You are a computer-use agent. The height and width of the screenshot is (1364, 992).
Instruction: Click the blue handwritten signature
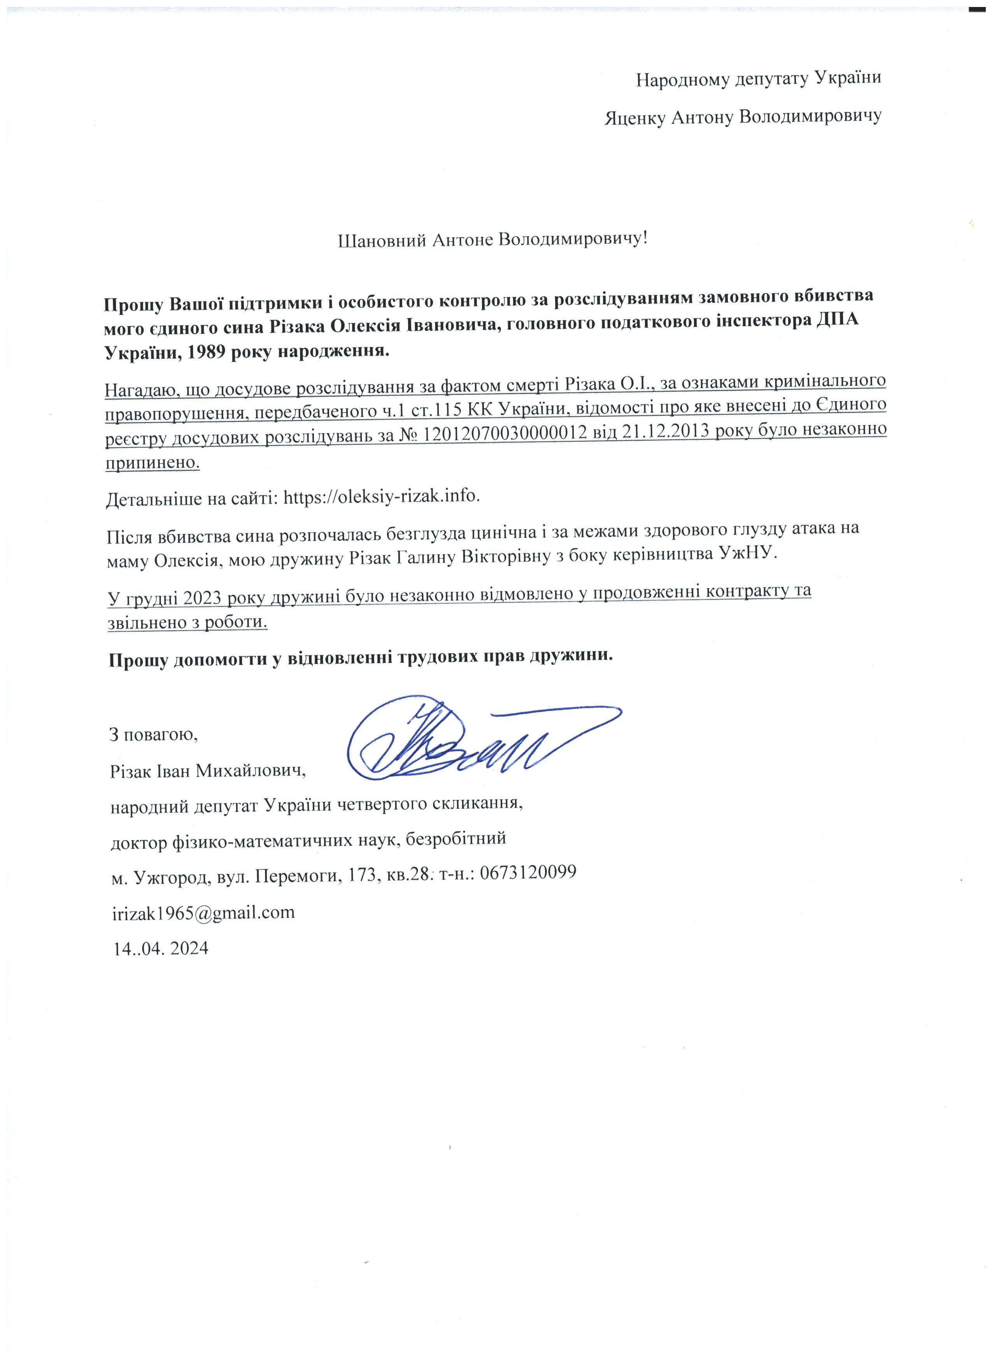(475, 740)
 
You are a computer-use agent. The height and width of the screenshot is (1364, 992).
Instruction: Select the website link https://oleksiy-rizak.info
(381, 497)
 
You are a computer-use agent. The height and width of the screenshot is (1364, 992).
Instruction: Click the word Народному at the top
(683, 79)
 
